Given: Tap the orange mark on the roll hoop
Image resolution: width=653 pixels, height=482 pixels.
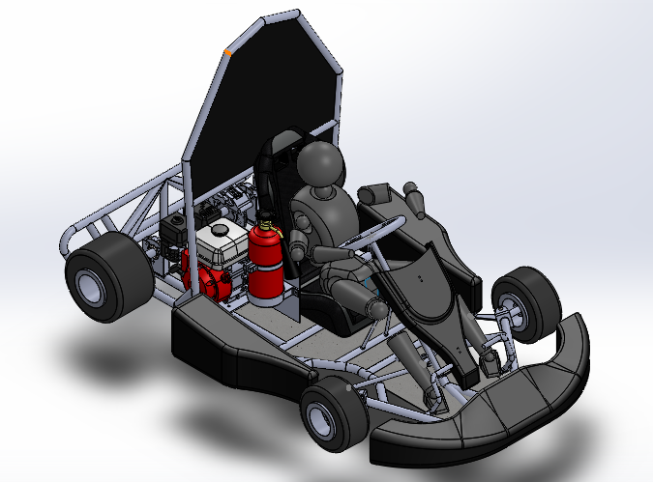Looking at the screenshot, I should point(227,49).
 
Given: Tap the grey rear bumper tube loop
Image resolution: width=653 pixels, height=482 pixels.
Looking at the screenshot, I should point(77,232).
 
